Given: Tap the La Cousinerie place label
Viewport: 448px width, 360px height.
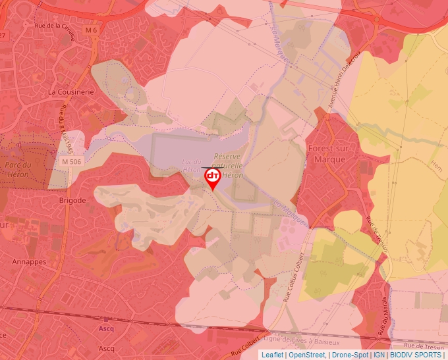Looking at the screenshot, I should (71, 93).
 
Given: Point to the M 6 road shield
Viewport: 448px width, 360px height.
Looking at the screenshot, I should (90, 30).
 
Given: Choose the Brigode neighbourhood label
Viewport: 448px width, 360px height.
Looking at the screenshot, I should (72, 200).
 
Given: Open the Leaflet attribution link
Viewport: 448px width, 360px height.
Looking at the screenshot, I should (272, 355).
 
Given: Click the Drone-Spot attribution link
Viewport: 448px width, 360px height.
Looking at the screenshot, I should (350, 355).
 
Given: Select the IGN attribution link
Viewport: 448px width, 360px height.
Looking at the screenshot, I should (379, 355).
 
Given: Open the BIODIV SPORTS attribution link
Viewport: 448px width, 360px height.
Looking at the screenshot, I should (416, 355).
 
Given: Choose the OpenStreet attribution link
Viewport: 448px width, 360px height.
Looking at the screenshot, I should (306, 355).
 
